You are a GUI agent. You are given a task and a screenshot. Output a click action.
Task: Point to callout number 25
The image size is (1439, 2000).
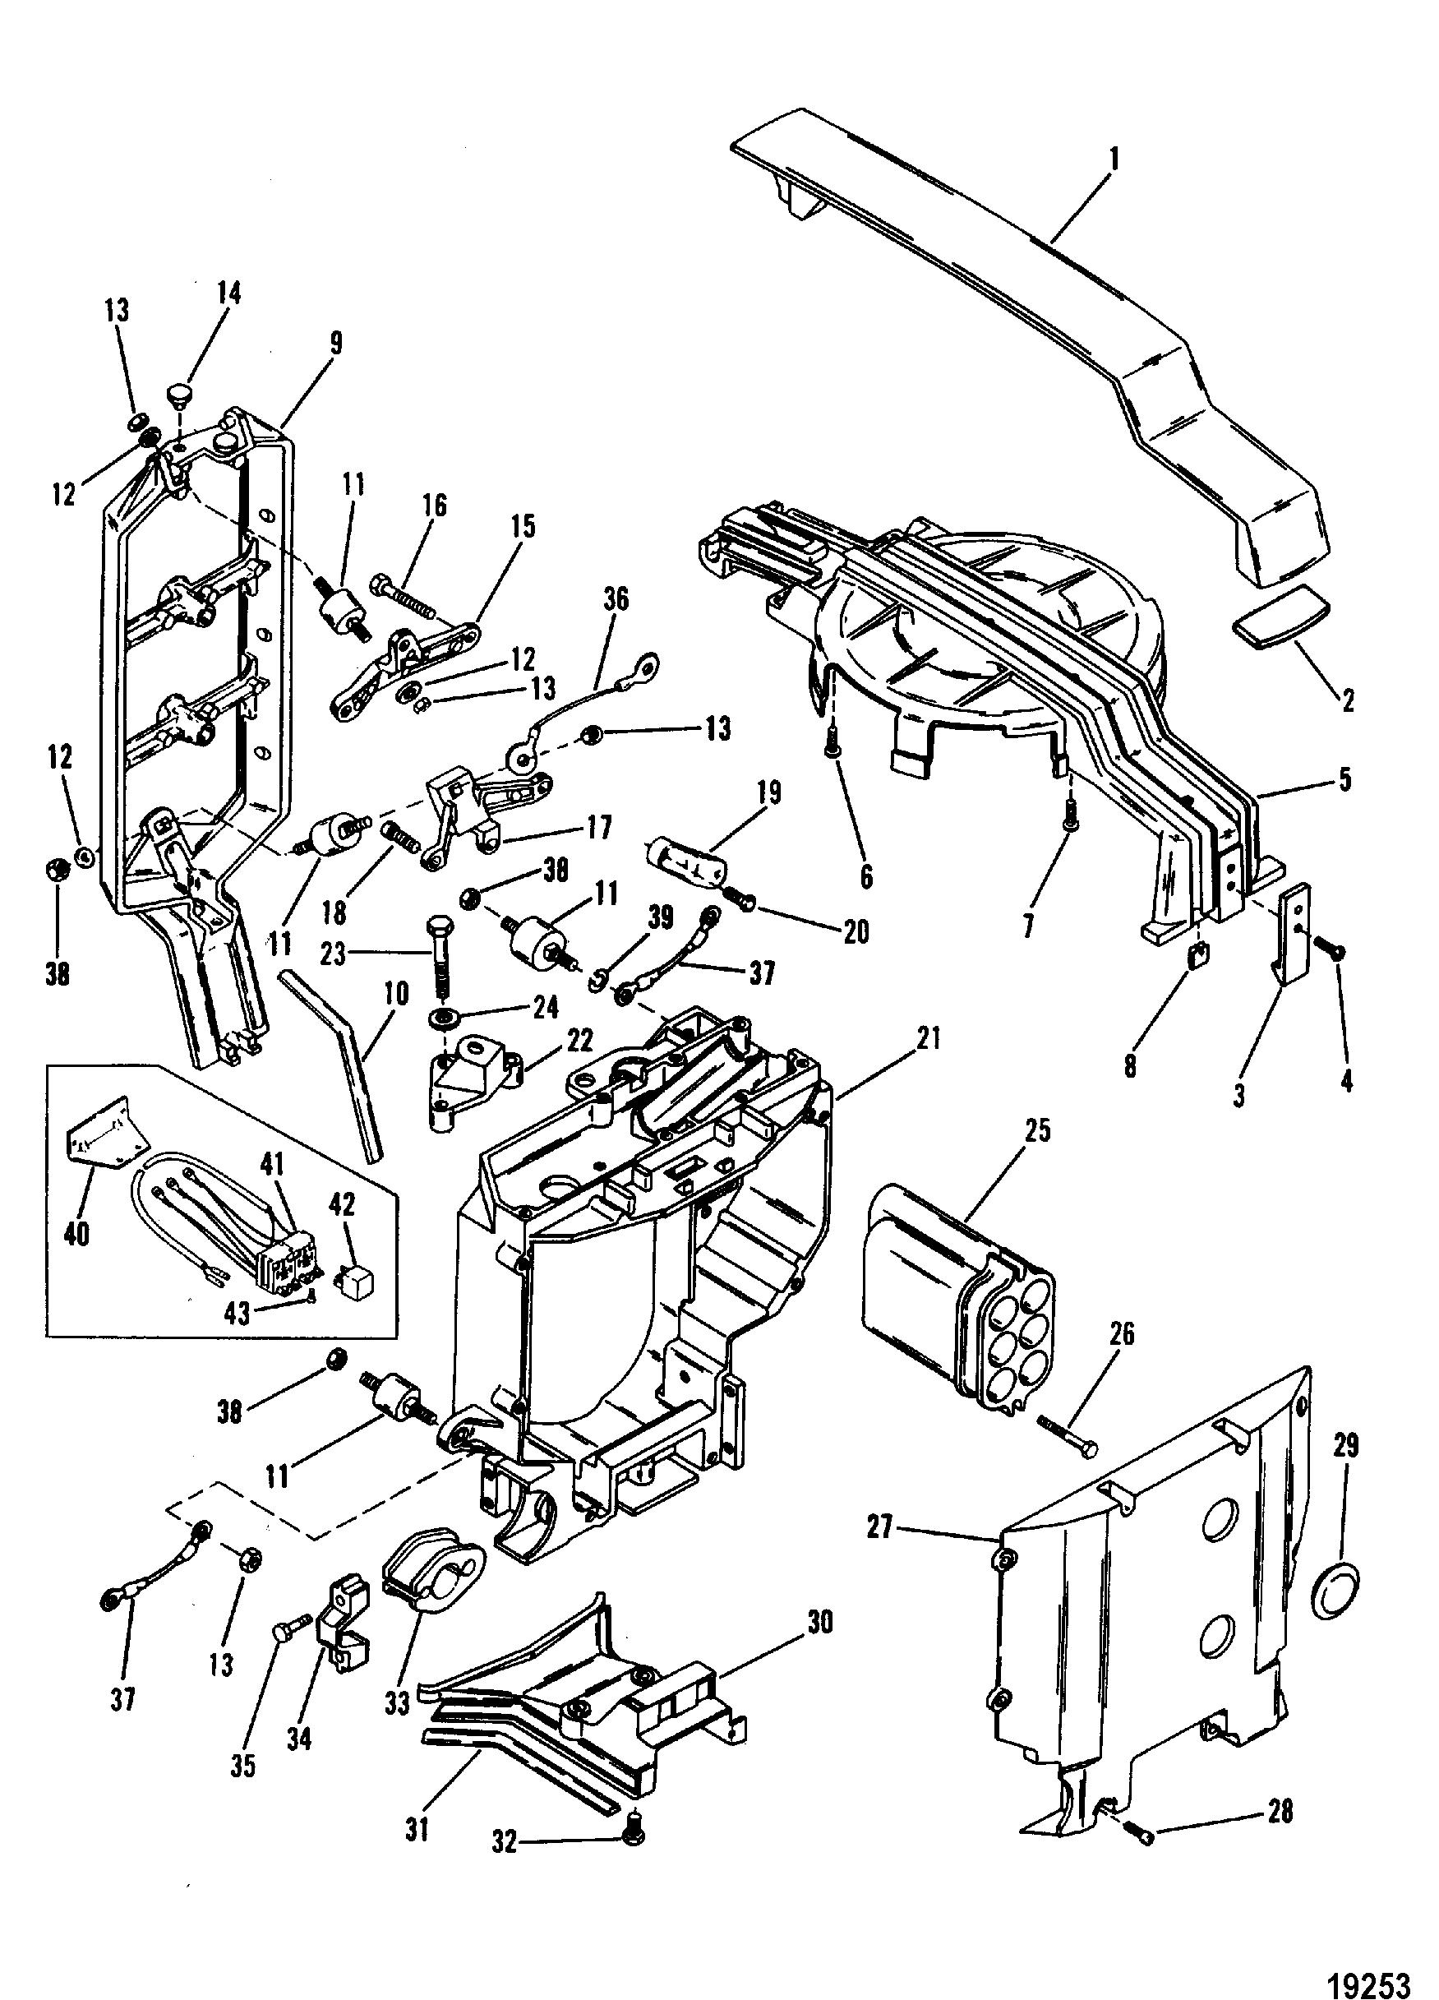point(1037,1129)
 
